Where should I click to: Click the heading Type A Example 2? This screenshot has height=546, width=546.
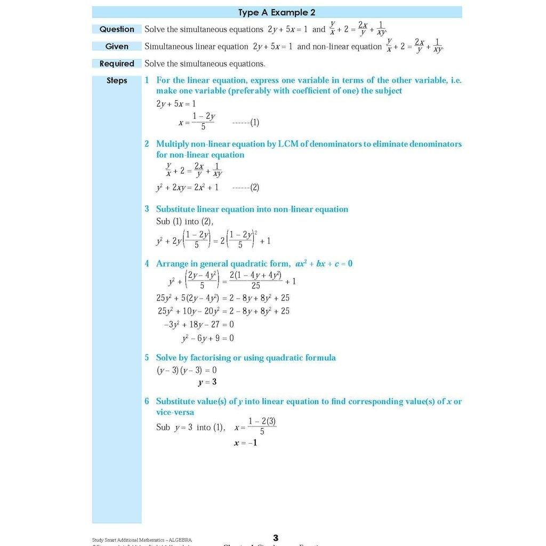coord(277,12)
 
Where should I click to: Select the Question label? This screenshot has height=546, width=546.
coord(117,29)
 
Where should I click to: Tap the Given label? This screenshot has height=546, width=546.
coord(117,46)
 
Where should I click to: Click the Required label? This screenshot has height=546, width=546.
coord(117,63)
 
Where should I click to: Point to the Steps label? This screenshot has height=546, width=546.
coord(117,81)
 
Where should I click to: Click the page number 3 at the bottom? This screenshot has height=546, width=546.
coord(276,537)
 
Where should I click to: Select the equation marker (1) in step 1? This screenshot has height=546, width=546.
coord(254,123)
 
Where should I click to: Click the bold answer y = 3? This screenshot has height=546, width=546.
coord(207,382)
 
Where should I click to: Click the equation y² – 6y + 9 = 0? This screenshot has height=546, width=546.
coord(207,338)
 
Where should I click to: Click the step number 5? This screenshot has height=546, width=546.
coord(147,358)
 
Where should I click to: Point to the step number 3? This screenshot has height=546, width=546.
coord(147,210)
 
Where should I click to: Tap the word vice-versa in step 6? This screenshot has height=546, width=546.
coord(175,412)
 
